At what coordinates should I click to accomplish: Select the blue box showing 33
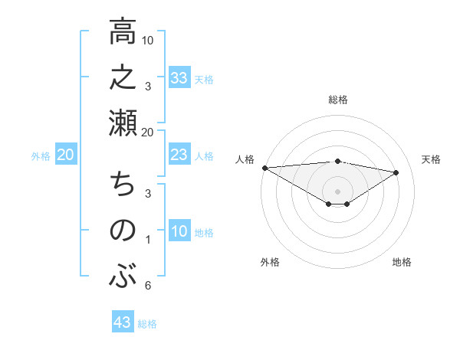pos(179,77)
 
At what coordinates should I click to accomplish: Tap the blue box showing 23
pos(179,155)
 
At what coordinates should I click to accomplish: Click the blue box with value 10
pos(179,232)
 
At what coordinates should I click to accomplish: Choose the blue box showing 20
pos(66,155)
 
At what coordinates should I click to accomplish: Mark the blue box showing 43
pos(123,322)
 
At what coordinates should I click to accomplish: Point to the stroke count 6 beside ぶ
pos(147,286)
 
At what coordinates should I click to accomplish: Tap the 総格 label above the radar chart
pos(337,100)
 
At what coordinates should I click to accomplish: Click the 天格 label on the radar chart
pos(432,159)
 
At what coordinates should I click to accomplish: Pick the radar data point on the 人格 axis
pos(264,167)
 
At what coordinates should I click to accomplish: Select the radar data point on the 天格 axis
pos(396,172)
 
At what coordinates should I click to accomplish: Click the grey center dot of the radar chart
pos(337,191)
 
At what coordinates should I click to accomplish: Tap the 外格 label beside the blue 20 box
pos(41,156)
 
